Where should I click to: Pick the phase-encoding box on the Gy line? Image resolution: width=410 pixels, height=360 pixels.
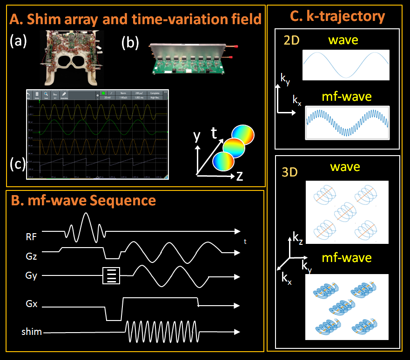click(x=111, y=275)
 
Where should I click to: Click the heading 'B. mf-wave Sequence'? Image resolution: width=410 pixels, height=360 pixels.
click(x=83, y=201)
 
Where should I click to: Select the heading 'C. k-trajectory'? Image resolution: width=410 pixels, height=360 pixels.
click(x=337, y=17)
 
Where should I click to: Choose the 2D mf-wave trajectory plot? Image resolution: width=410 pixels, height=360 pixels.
click(x=347, y=123)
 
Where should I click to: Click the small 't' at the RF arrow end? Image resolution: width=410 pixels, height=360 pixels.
click(x=245, y=241)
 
